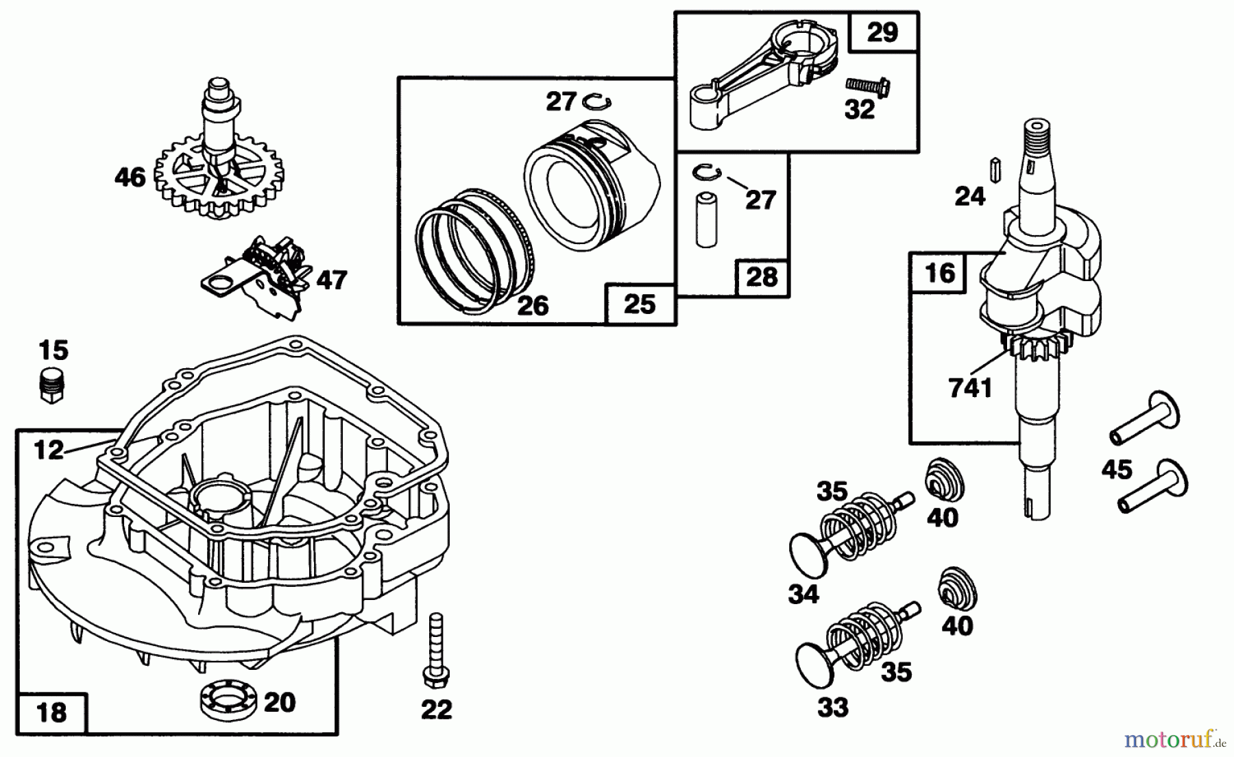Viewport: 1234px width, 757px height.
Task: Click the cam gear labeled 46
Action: pos(219,171)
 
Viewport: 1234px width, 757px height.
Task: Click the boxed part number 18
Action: pos(52,712)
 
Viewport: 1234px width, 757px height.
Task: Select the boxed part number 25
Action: pos(640,304)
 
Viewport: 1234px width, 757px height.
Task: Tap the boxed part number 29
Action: pos(883,32)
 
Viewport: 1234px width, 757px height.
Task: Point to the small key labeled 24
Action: pos(994,168)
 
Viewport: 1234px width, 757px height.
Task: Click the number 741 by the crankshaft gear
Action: pos(971,388)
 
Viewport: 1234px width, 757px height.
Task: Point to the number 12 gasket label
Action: pos(48,450)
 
